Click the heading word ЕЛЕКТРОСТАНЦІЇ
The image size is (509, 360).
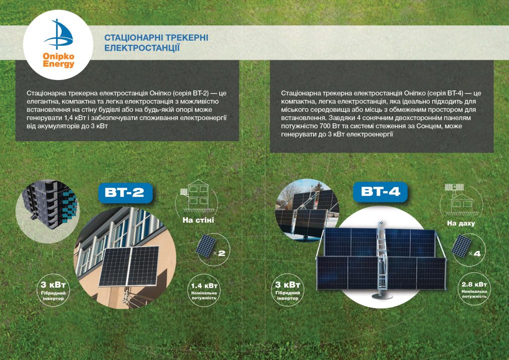tap(142, 48)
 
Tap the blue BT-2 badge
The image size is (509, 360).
tap(125, 193)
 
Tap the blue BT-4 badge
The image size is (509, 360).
tap(380, 191)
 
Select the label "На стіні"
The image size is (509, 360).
tap(198, 220)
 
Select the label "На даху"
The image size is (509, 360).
tap(461, 223)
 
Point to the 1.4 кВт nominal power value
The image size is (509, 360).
tap(204, 285)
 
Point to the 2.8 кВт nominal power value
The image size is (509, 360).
tap(474, 284)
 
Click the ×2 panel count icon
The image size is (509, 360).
tap(211, 248)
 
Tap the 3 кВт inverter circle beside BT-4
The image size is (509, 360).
tap(287, 290)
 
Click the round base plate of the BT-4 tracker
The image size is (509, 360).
tap(382, 296)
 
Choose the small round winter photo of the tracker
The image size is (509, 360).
tap(307, 210)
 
